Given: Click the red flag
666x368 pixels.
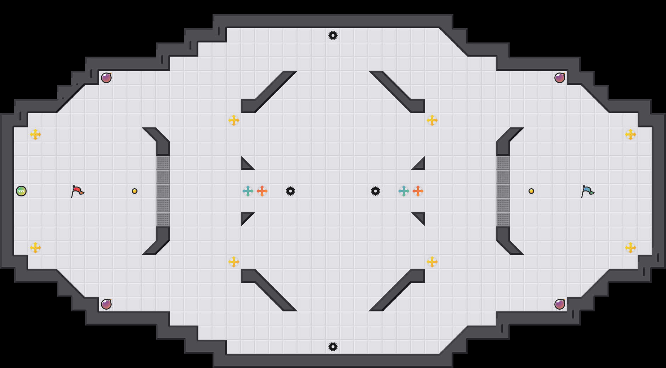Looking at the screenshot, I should point(77,191).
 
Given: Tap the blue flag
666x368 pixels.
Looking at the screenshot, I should point(587,191).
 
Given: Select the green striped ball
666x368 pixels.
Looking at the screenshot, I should point(21,191).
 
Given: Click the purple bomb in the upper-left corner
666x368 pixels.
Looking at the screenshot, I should point(106,78).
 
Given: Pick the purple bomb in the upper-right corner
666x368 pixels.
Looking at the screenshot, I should point(560,78).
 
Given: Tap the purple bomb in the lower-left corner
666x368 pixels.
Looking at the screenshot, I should point(106,304).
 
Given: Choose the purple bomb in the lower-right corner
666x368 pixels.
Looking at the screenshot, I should point(560,304).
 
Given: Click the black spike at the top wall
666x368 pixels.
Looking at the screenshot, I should point(333,35).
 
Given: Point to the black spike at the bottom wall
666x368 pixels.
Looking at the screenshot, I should point(333,347).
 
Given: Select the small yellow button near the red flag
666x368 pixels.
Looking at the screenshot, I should point(135,191).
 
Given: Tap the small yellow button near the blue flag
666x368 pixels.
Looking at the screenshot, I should point(531,191).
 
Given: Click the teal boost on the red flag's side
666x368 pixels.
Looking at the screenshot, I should point(248,191).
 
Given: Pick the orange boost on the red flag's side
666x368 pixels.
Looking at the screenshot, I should point(262,191).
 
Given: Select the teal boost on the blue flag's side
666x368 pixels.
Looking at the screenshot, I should point(404,191).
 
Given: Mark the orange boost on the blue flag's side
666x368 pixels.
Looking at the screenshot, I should point(418,191).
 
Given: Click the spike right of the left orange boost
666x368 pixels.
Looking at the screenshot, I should point(290,191).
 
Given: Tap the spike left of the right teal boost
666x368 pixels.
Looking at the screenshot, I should point(376,191).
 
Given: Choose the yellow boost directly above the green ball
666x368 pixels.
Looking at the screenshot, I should point(35,134).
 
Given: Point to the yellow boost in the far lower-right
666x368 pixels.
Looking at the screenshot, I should point(631,248).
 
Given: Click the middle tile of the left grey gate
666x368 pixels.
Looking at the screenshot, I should point(163,191).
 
